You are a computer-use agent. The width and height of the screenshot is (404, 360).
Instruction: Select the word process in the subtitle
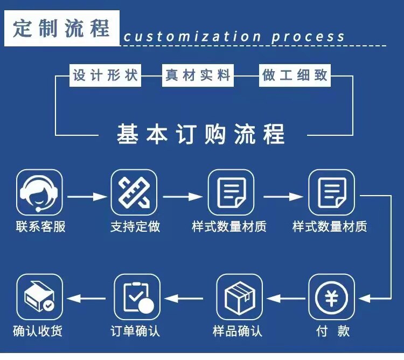[x=308, y=37]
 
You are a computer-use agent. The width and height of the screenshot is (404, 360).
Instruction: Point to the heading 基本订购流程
[x=200, y=134]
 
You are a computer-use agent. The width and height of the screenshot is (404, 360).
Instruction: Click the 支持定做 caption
[x=135, y=226]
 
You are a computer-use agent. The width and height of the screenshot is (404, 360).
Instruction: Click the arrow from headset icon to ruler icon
[x=87, y=197]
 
